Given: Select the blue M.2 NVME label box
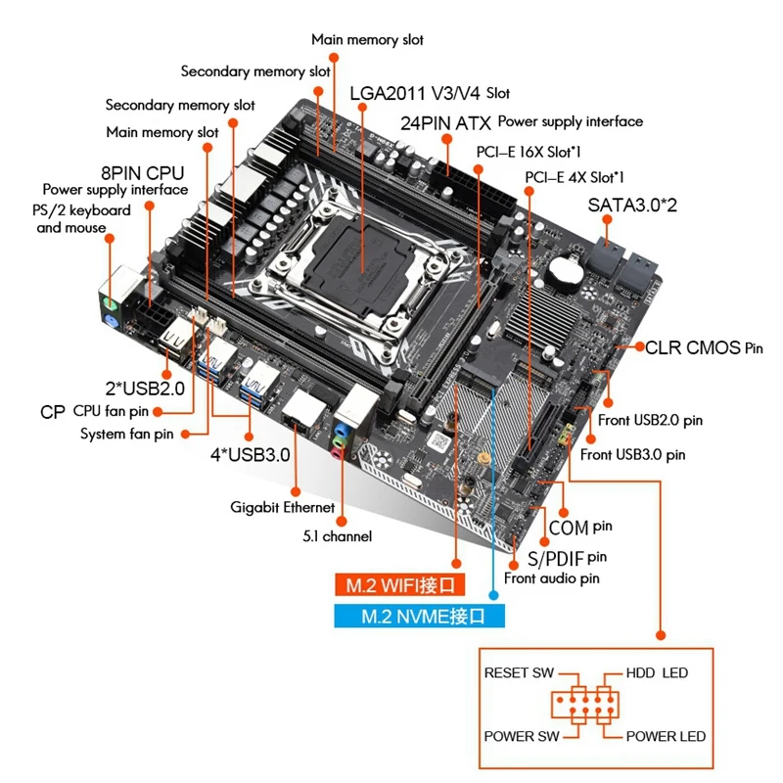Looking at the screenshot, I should click(418, 617).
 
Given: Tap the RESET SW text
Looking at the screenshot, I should click(519, 673).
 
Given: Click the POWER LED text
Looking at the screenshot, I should click(666, 736).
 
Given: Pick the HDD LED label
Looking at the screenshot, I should click(658, 673).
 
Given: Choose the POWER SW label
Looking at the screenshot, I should click(523, 736).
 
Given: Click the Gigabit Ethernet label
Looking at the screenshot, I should click(283, 507).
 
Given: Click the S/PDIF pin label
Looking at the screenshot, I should click(568, 559).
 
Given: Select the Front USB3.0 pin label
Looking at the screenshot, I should click(632, 454).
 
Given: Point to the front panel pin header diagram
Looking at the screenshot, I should click(585, 706).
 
